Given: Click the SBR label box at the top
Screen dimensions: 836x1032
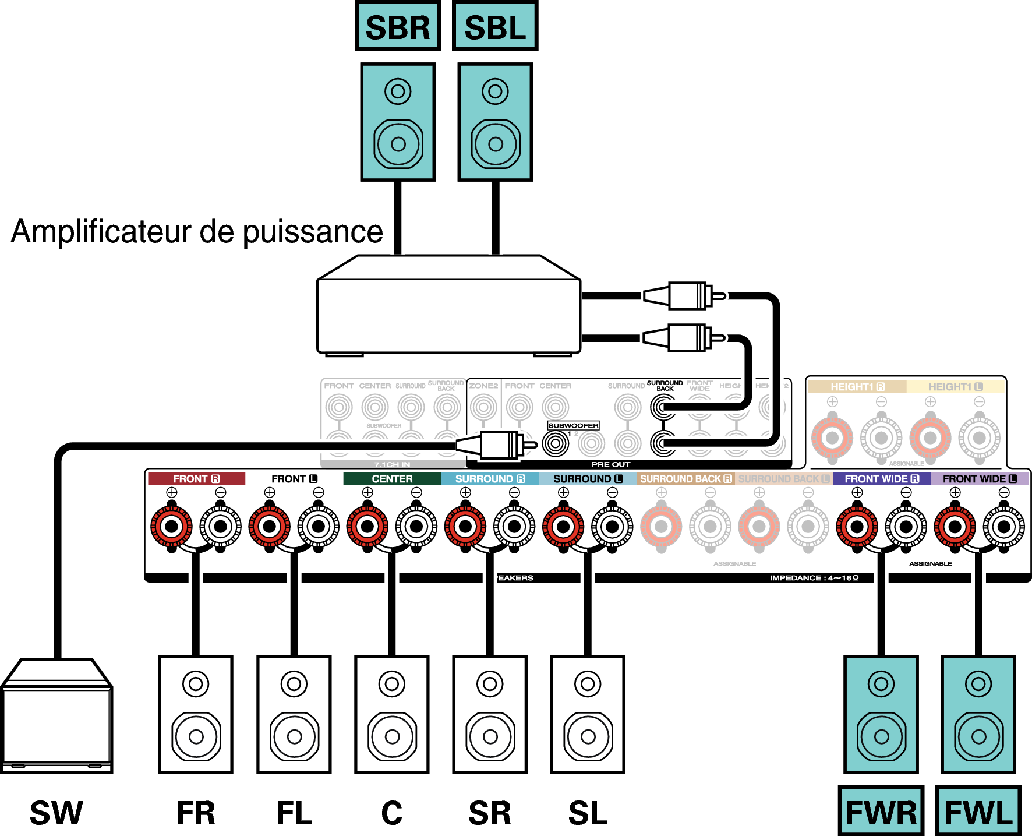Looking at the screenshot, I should point(398,27).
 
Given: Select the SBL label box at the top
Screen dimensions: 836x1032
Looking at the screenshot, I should point(495,27).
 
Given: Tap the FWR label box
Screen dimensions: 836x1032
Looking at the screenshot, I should point(881,812).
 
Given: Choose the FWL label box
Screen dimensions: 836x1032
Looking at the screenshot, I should point(978,812).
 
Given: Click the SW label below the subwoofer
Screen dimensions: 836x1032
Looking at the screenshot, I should point(56,813).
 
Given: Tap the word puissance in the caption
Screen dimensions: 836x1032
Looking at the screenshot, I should point(313,232).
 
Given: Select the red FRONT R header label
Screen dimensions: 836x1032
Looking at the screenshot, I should point(196,479).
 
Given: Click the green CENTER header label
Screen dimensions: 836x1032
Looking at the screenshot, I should point(392,479).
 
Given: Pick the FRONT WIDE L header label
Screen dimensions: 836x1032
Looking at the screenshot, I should point(979,479).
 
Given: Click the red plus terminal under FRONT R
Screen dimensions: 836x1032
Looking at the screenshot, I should point(172,527).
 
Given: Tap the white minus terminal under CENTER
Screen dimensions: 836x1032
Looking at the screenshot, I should point(416,527).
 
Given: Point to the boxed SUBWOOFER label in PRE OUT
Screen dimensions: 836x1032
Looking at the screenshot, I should point(573,426).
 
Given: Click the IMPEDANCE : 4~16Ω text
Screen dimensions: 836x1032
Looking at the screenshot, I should point(814,578).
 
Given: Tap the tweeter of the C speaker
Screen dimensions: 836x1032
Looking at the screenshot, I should point(392,683).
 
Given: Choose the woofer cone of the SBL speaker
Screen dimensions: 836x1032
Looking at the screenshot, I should point(496,144).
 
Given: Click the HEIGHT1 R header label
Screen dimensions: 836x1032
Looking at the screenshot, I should point(857,387).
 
